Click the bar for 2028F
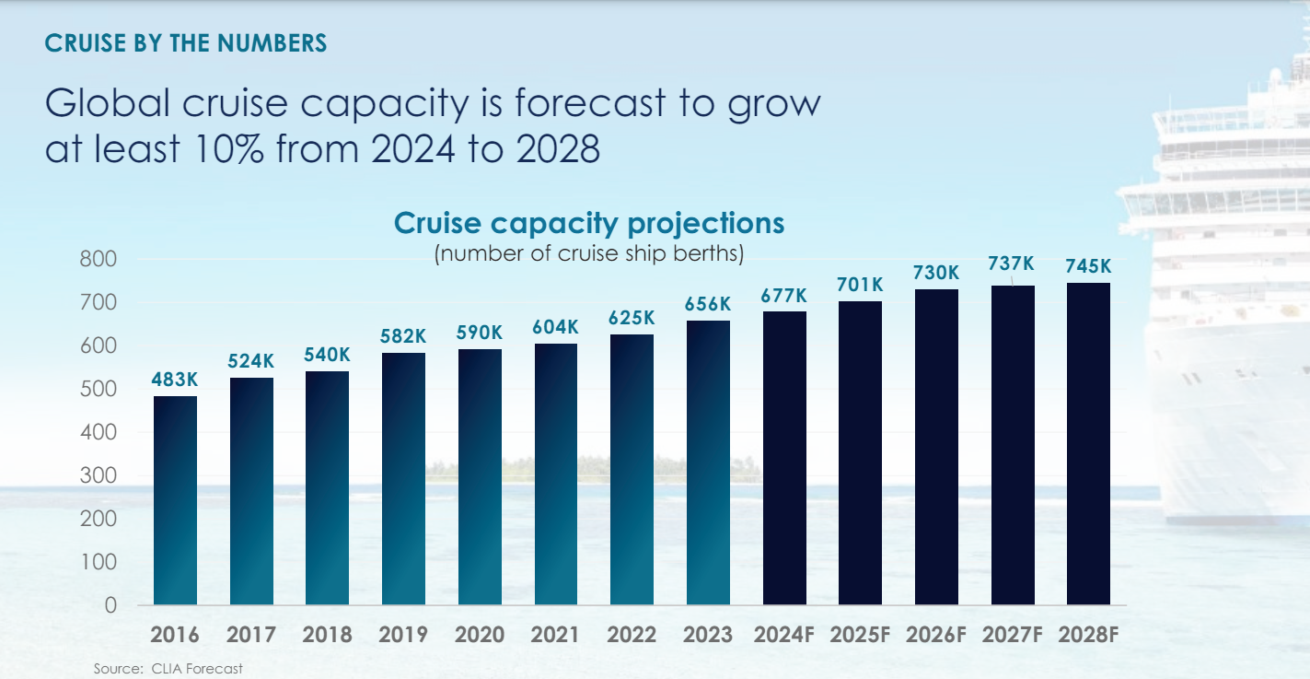coord(1088,443)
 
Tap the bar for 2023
coord(708,462)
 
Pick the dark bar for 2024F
coord(784,458)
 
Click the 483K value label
coord(175,380)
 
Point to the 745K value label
coord(1088,266)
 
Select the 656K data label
coord(708,304)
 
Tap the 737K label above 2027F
coord(1012,264)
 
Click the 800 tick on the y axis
coord(98,259)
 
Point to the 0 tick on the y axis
coord(110,605)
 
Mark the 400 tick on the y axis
coord(98,432)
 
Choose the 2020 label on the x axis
coord(480,635)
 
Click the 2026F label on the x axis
coord(936,635)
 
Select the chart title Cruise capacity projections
coord(589,223)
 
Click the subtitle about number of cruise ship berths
coord(589,253)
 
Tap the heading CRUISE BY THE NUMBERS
coord(186,43)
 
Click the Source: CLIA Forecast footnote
coord(168,668)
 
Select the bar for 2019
coord(403,478)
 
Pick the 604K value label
coord(555,327)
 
